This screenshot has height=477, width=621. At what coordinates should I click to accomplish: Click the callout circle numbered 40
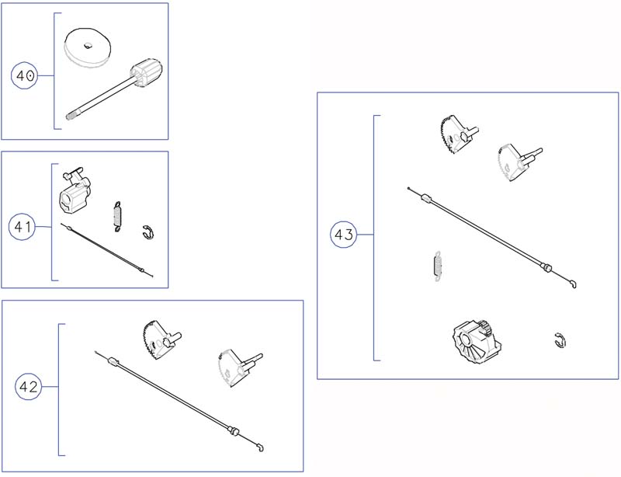tap(25, 75)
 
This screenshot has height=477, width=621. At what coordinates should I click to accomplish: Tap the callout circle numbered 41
tap(23, 226)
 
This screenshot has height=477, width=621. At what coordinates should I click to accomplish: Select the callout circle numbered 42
tap(28, 386)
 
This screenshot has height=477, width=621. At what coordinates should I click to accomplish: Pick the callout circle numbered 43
tap(343, 235)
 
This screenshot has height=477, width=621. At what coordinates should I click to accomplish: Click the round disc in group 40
tap(87, 47)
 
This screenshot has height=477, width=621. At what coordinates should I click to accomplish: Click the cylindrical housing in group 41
tap(75, 190)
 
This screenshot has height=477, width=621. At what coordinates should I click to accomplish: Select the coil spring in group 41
tap(117, 217)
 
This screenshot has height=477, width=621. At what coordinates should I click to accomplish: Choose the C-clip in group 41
tap(147, 232)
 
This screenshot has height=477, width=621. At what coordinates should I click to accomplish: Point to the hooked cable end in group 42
tap(259, 447)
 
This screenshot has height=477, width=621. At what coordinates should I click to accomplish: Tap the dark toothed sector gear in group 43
tap(458, 134)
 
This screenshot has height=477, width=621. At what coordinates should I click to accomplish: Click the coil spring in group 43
tap(437, 266)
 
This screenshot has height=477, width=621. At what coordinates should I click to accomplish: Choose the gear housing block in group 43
tap(476, 342)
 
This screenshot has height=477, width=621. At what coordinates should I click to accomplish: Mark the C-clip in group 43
tap(560, 340)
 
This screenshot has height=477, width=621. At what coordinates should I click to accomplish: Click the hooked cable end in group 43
tap(573, 284)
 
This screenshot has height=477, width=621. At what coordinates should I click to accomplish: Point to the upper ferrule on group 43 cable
tap(425, 197)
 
